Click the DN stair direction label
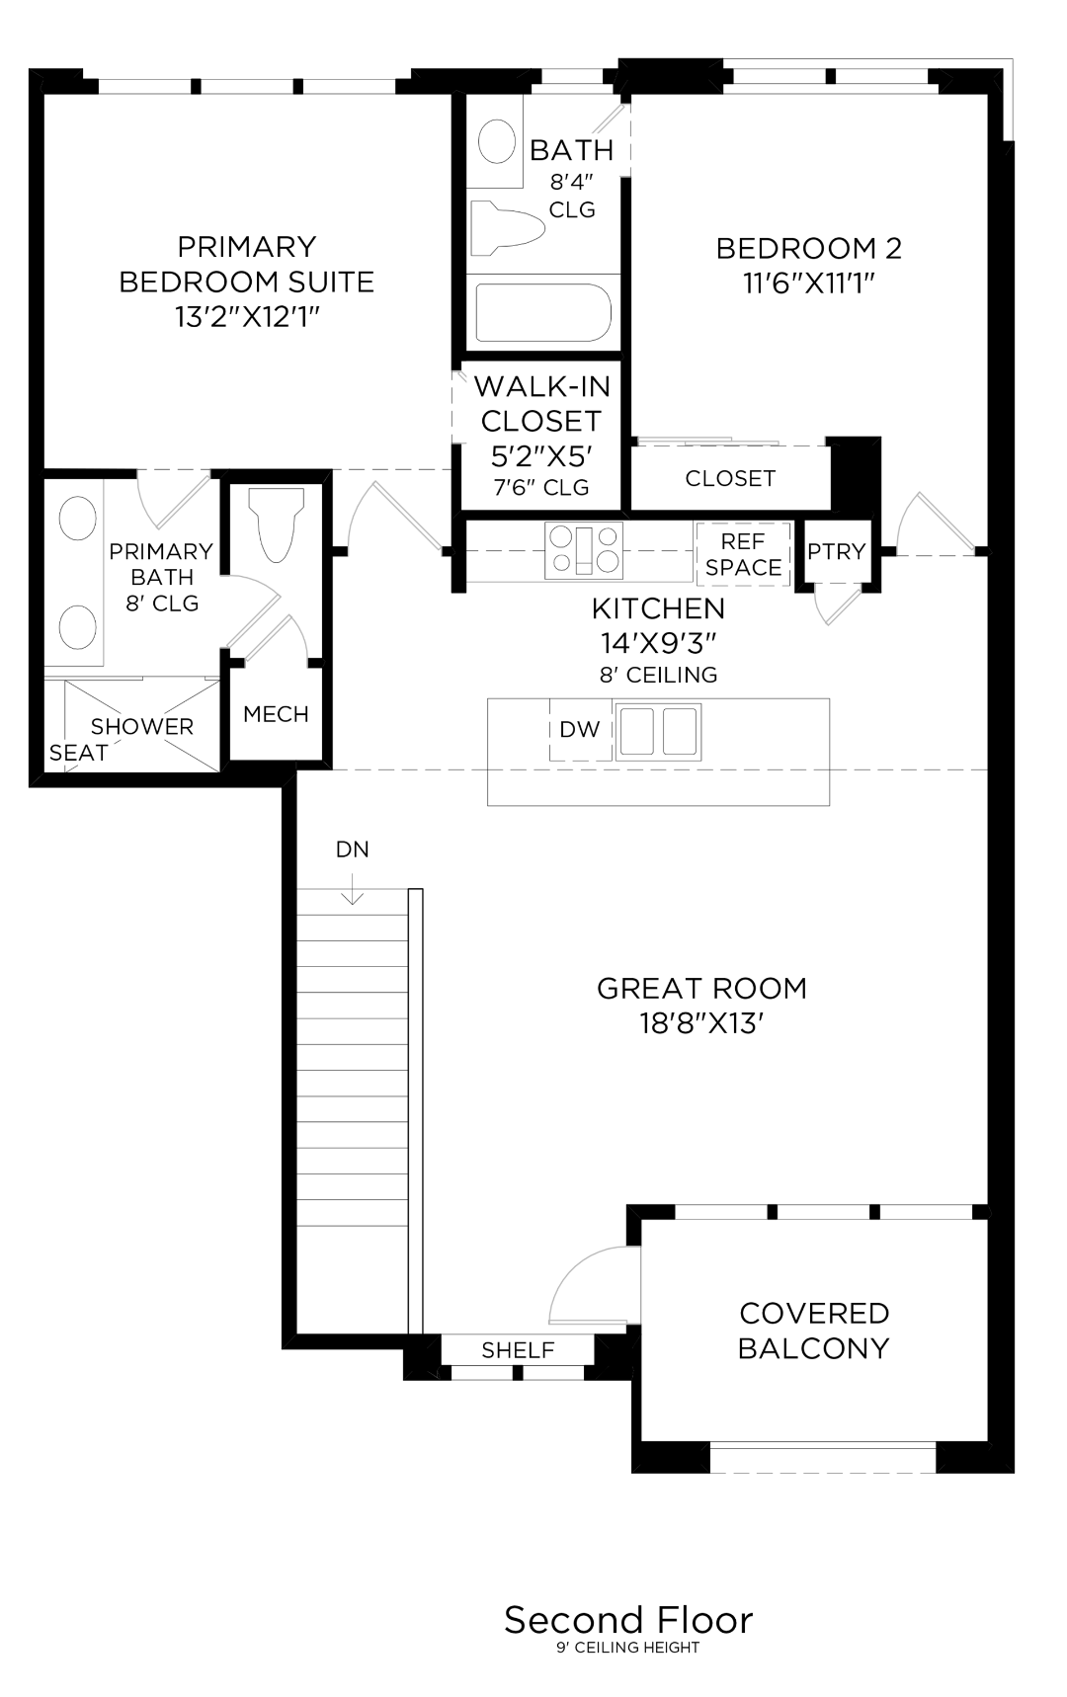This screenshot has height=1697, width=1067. (x=352, y=849)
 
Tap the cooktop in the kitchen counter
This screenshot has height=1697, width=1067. (x=584, y=549)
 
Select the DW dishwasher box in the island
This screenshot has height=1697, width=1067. (x=580, y=730)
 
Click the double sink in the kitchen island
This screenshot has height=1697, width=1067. (x=658, y=730)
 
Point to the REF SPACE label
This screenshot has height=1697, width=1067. (x=743, y=554)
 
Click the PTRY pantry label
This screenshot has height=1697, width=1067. (x=836, y=552)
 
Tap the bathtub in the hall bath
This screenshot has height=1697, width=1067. (x=542, y=313)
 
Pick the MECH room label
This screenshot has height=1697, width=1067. (x=276, y=714)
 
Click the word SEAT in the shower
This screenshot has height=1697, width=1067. (x=78, y=753)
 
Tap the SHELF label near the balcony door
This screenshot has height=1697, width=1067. (x=518, y=1350)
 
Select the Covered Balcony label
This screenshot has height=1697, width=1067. (x=814, y=1331)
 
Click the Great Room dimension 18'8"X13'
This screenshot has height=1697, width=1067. (x=701, y=1023)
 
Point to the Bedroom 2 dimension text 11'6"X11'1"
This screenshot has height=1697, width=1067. (x=809, y=283)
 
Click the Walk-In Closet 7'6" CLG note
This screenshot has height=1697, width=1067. (x=540, y=487)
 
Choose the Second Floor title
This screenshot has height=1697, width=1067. (x=628, y=1620)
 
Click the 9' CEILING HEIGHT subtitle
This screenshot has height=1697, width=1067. (x=628, y=1648)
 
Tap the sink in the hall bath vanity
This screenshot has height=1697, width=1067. (x=497, y=141)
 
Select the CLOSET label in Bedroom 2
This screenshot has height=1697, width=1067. (x=730, y=478)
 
